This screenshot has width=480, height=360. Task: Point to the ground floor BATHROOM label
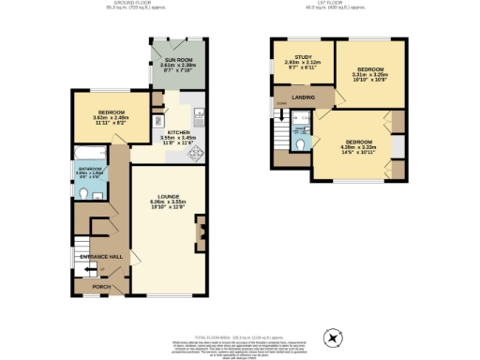(x=90, y=169)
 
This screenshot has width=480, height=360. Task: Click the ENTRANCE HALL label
(x=101, y=255)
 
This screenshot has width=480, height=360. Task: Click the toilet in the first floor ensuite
(x=298, y=145)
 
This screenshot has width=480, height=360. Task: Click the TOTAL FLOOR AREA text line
(x=240, y=336)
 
